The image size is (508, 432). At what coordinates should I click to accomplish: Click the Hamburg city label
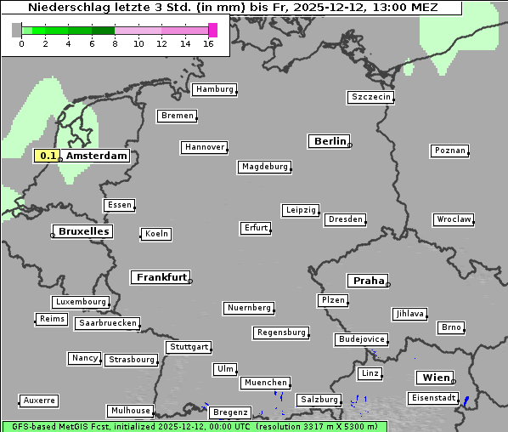point(214,89)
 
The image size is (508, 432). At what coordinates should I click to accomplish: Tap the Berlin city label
point(330,141)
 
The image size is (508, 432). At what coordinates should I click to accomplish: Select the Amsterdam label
point(97,156)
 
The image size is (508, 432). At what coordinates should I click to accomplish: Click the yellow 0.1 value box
point(48,156)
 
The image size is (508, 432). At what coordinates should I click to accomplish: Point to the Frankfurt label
point(161,277)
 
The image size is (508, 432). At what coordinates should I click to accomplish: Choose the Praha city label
point(369,281)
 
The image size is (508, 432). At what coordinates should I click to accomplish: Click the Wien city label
point(435,378)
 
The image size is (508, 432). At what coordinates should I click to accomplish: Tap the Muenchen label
point(266,384)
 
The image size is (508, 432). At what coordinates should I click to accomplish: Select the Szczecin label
point(371,97)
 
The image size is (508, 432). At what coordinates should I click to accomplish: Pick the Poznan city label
point(450,151)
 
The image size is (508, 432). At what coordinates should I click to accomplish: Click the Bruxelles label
point(82,231)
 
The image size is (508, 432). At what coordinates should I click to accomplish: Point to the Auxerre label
point(39,400)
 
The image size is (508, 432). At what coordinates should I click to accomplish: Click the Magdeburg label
point(264,167)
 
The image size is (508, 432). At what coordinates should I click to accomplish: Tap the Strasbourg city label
point(132,360)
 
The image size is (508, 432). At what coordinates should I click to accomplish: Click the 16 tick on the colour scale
point(209,43)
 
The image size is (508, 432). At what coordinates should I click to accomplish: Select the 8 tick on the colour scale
point(115,43)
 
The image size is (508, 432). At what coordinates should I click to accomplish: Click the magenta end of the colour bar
point(212,30)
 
